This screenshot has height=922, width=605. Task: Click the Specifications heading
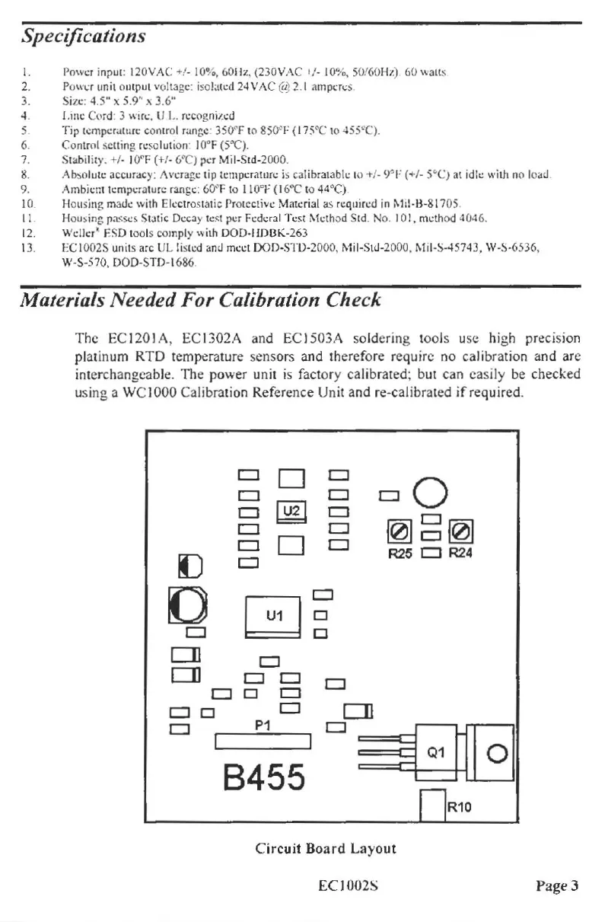[x=83, y=36]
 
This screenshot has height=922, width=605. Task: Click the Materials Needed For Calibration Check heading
[x=200, y=299]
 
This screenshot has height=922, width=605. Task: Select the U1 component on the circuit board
[x=274, y=615]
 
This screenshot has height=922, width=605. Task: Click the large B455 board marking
[x=263, y=777]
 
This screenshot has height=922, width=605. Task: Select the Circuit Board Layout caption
[x=326, y=848]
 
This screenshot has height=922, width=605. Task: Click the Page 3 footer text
[x=557, y=885]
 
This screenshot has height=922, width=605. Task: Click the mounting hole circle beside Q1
[x=496, y=754]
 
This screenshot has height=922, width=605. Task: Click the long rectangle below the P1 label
[x=264, y=742]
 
